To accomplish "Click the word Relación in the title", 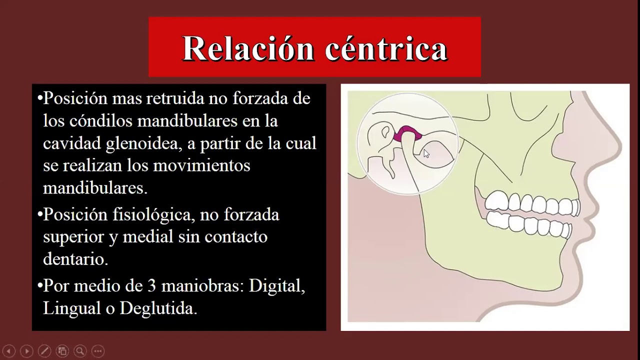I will click(x=248, y=49).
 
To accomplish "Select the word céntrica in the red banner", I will click(x=385, y=49).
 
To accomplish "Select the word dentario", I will click(x=75, y=259).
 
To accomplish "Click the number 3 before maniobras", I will click(x=152, y=286).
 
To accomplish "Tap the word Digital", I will click(x=277, y=286).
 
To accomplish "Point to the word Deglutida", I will click(x=158, y=308).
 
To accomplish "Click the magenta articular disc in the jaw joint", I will click(x=407, y=134).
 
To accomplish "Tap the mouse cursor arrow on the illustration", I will click(x=426, y=153).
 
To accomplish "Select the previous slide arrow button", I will click(x=9, y=351).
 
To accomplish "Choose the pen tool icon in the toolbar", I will click(x=44, y=351).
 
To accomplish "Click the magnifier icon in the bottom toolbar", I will click(x=79, y=351).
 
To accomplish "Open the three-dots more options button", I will click(x=97, y=351).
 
